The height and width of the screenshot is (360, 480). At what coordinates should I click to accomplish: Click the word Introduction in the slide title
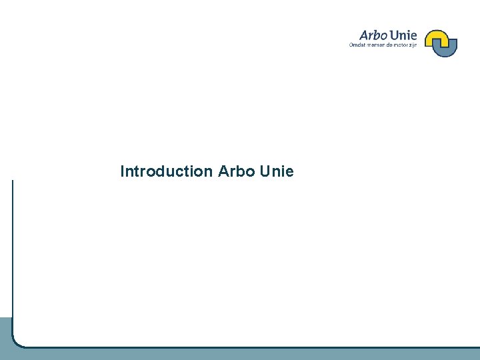165,171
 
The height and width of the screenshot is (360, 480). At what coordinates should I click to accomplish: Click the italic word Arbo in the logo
373,35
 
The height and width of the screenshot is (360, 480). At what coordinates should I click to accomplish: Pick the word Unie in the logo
403,35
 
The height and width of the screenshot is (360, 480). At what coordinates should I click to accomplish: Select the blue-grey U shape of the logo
445,49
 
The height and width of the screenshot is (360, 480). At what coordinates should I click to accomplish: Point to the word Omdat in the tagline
357,45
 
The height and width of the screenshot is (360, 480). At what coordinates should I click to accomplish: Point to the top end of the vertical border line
13,181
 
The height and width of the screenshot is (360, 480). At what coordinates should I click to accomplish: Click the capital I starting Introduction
122,171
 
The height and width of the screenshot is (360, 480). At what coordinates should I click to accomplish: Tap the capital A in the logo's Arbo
364,35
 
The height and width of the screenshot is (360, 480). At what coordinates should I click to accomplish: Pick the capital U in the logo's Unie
395,35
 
